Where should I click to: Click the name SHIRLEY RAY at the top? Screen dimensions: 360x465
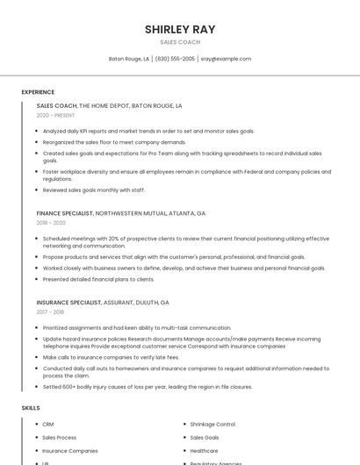tap(180, 29)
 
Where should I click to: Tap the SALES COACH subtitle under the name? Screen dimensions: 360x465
tap(180, 42)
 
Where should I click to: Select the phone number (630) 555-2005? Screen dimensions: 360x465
tap(175, 59)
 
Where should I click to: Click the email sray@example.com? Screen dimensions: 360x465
tap(226, 59)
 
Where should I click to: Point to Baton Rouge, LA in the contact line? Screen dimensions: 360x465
tap(129, 59)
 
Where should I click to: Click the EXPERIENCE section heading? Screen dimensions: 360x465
tap(38, 92)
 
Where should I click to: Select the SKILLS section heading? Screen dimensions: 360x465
tap(31, 408)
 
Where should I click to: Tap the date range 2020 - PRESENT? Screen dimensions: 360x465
tap(55, 115)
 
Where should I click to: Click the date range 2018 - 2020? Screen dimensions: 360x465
tap(51, 223)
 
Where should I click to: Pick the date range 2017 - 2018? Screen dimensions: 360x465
tap(51, 311)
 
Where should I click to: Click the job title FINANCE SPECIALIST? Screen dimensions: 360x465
tap(65, 213)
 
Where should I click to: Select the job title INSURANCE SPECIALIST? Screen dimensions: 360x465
tap(68, 302)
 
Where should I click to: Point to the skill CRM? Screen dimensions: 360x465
tap(48, 425)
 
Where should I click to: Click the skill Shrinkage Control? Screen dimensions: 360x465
tap(212, 425)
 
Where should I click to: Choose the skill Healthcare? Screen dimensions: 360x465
tap(204, 451)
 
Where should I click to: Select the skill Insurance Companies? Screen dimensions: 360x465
tap(70, 451)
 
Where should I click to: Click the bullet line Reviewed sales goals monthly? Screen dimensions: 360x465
tap(94, 190)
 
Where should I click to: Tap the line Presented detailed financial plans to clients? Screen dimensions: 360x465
tap(98, 279)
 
